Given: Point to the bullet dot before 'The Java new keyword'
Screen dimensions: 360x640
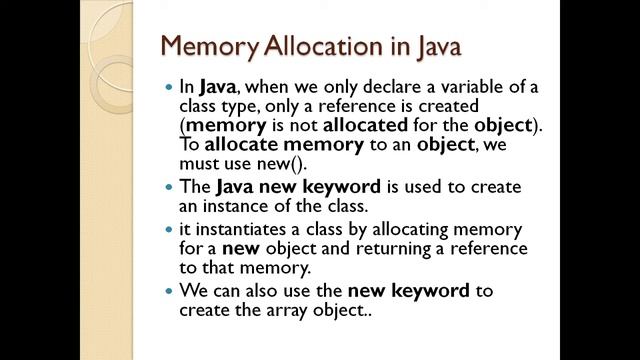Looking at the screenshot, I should [169, 187].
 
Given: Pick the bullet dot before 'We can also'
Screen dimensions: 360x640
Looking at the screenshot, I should [169, 292].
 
